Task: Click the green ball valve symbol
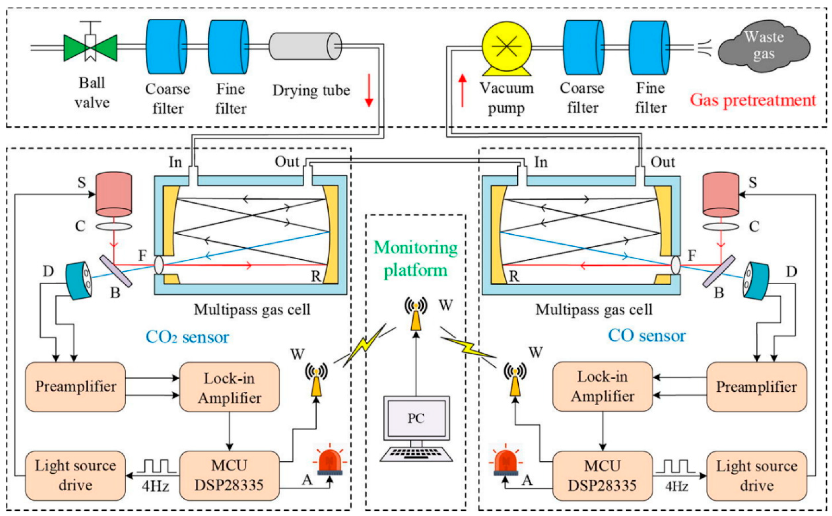click(91, 48)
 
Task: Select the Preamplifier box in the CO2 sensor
click(76, 387)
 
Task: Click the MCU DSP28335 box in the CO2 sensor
click(229, 475)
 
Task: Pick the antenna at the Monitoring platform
click(416, 314)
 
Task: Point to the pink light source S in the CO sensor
click(721, 195)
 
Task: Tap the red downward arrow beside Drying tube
click(369, 91)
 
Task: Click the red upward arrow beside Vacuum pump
click(462, 91)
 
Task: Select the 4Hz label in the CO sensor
click(676, 486)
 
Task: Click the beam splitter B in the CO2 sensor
click(116, 272)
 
